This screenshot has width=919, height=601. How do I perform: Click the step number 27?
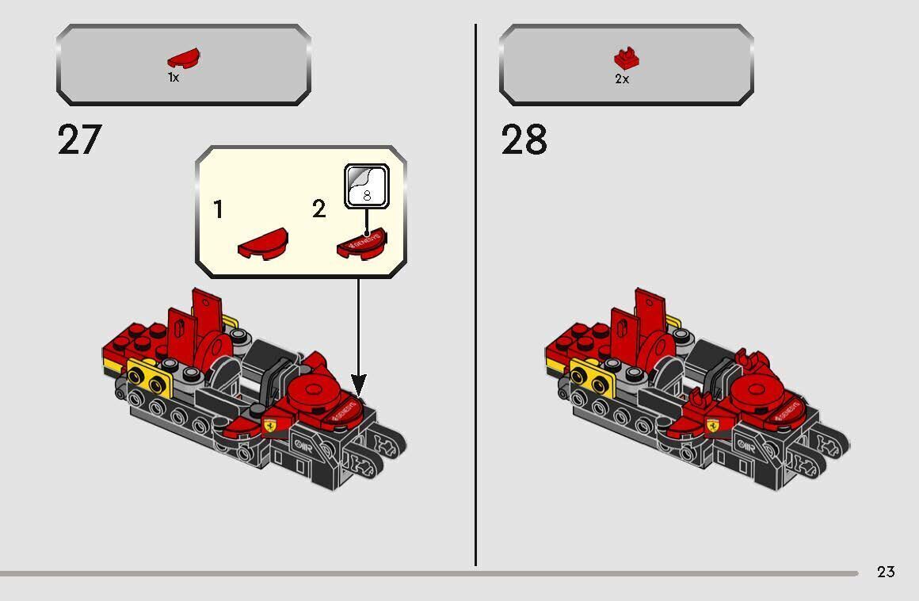click(79, 140)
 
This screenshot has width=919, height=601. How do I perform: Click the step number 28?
click(524, 140)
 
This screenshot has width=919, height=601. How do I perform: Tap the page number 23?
click(886, 572)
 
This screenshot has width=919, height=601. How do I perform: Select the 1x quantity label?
click(174, 78)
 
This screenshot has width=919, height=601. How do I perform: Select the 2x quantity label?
click(622, 79)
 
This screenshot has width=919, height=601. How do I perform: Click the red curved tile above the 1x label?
click(183, 59)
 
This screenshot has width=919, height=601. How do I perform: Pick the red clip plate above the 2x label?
click(626, 58)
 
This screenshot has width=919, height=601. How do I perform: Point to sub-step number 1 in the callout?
click(218, 210)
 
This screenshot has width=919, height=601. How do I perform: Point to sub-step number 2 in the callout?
click(318, 210)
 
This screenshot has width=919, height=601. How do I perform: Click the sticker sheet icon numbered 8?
click(366, 187)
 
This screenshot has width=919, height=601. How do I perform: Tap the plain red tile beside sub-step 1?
click(262, 243)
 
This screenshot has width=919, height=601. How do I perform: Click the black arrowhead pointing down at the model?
click(358, 388)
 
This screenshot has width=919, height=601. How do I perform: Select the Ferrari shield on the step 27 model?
click(271, 425)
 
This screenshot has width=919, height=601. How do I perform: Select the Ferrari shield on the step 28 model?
click(713, 426)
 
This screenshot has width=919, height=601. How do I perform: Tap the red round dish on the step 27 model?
click(313, 390)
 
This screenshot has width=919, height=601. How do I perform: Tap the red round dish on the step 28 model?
click(756, 390)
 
